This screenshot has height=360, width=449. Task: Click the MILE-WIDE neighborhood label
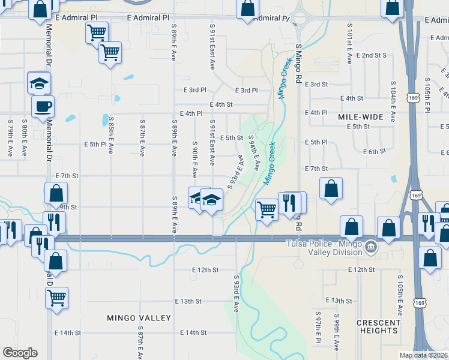coord(360,116)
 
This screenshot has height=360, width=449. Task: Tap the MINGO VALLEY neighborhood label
coord(139,318)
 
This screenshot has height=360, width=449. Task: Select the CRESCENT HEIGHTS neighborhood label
coord(378,326)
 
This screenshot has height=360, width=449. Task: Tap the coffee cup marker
coord(43,107)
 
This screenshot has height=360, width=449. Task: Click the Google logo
coord(20,353)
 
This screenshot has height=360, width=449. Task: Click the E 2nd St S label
coord(371,55)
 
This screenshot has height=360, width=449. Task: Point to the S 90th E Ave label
coord(195,160)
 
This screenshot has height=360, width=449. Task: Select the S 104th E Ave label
coord(393,98)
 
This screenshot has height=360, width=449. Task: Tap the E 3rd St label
coord(316,85)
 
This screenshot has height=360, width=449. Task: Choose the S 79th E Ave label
coord(10,139)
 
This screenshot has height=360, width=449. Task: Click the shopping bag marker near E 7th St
coord(331,188)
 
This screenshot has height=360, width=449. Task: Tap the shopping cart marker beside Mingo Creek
coord(267,209)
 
